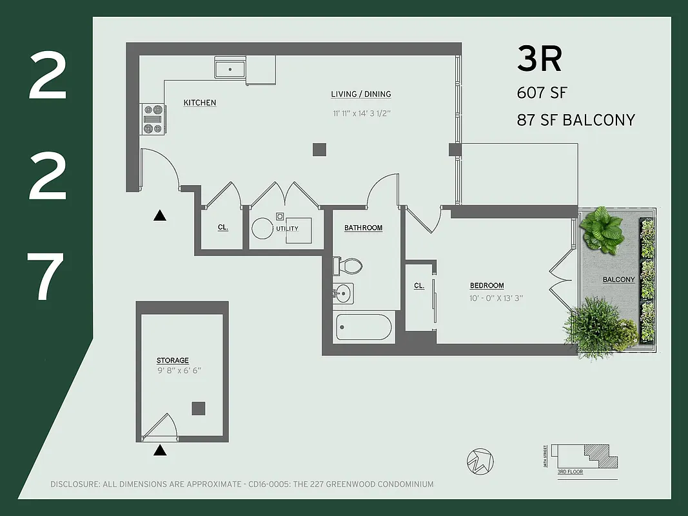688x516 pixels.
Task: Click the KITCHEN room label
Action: coord(200,103)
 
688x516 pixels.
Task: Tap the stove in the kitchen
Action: coord(153,119)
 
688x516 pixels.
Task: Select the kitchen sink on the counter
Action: coord(230,68)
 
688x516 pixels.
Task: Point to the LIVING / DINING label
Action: coord(361,94)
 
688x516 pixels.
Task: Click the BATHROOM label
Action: coord(363,228)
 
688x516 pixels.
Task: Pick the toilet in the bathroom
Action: coord(348,265)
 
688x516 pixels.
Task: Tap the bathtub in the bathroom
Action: coord(364,326)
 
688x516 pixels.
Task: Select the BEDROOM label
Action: coord(487,286)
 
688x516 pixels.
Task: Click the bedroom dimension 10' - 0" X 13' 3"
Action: coord(496,298)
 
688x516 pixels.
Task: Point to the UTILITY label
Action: coord(287,229)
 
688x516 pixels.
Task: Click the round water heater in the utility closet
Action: coord(262,228)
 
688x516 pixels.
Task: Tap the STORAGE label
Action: coord(173,361)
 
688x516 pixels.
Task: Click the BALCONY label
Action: coord(619,280)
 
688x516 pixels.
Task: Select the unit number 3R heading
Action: coord(540,59)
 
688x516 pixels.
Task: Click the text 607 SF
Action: coord(542,93)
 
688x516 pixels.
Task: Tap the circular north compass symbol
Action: coord(480,461)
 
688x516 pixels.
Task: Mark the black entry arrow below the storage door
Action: coord(160,450)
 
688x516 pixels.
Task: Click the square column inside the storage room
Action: coord(199,408)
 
